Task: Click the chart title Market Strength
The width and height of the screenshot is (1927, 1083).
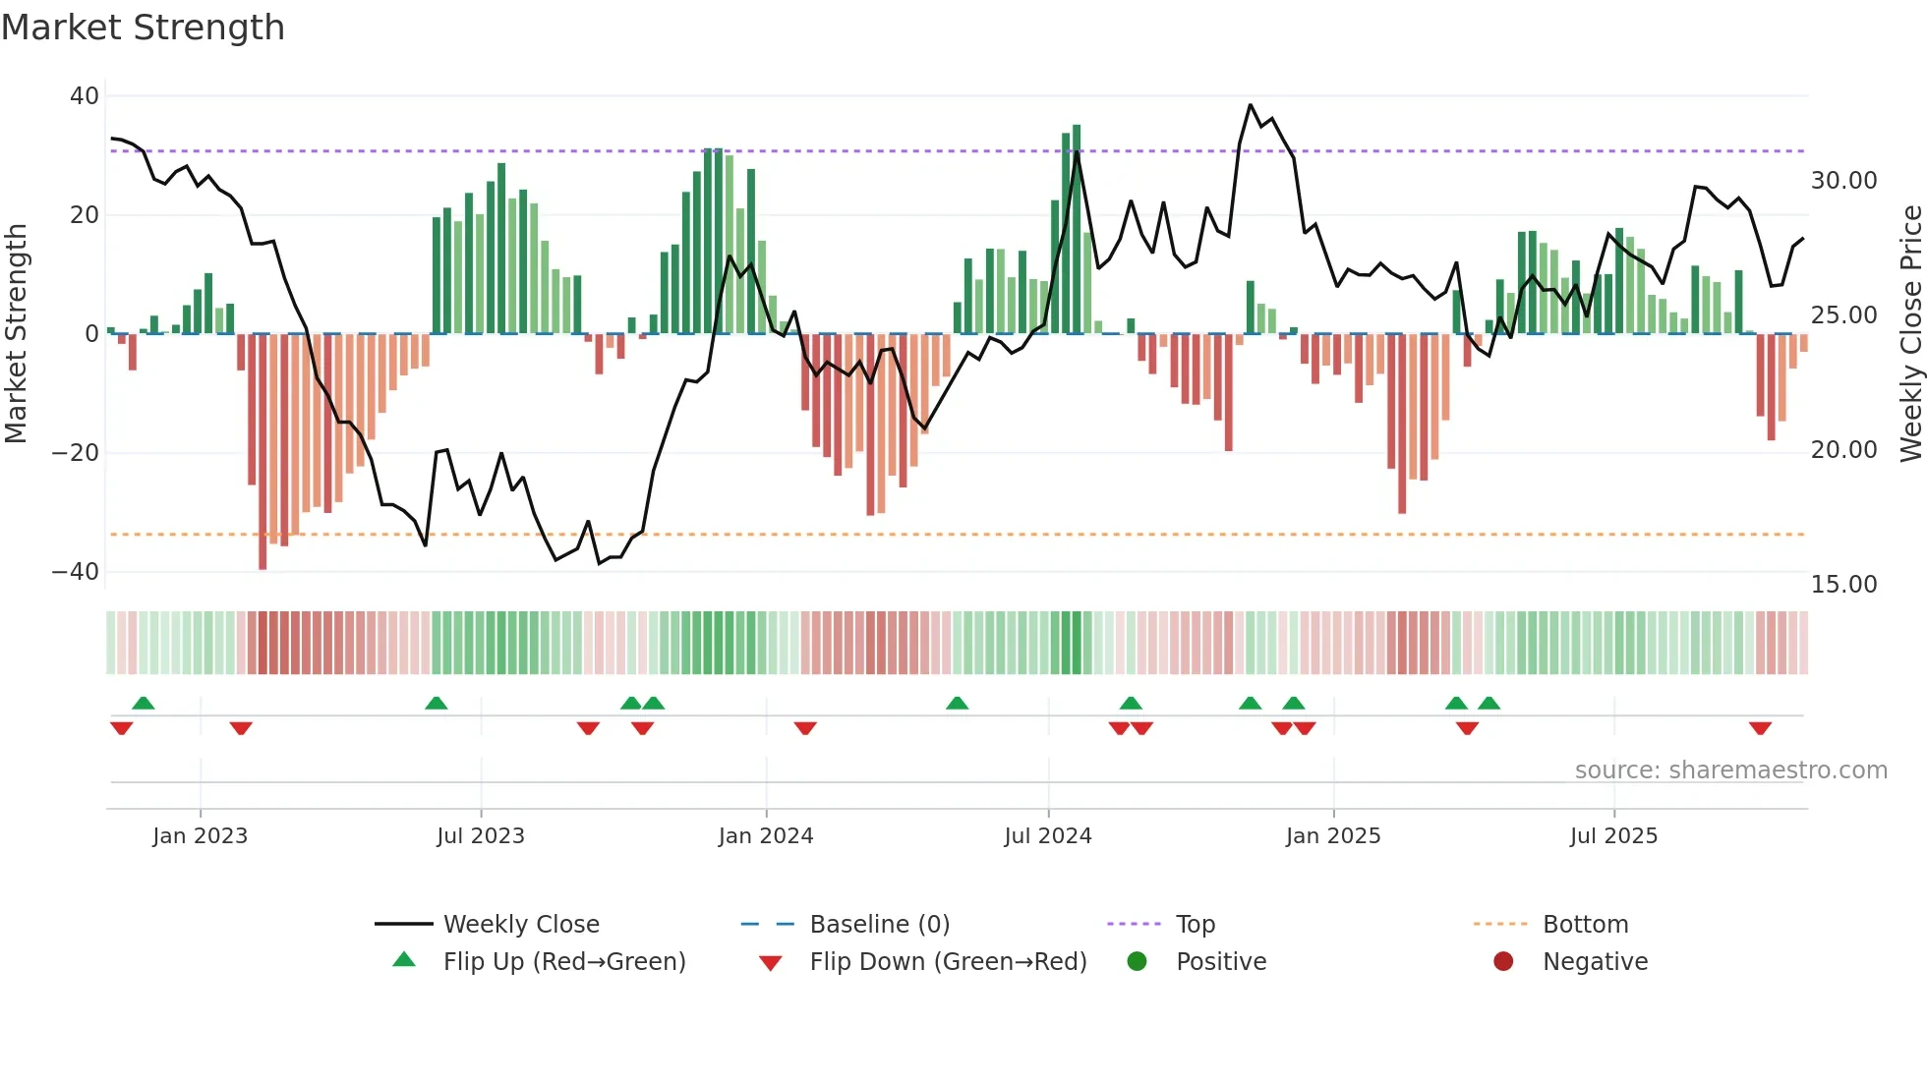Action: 143,28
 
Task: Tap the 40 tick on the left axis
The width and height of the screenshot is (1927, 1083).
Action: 85,96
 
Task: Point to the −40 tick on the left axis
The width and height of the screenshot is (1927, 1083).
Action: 76,572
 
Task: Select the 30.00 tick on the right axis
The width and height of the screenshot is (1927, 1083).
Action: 1843,181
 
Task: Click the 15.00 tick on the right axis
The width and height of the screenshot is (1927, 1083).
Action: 1843,585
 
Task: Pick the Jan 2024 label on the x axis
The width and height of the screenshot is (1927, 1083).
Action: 766,836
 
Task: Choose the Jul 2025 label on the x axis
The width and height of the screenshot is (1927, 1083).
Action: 1613,836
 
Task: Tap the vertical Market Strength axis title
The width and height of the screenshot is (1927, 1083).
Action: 16,334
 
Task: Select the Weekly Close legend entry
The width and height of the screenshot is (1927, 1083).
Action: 521,925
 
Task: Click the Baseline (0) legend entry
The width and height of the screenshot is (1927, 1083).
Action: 879,925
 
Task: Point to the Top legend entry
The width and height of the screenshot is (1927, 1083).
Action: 1195,925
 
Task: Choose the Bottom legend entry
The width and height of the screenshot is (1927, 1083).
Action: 1585,925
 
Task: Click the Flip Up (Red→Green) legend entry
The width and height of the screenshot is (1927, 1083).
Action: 563,962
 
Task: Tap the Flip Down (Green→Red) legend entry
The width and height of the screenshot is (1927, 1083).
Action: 948,962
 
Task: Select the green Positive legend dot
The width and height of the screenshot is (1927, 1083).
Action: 1138,962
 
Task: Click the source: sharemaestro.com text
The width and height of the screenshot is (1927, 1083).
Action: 1730,770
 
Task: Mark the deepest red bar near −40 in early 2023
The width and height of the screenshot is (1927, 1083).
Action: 263,452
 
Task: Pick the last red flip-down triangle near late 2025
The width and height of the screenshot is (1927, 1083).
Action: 1760,728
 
